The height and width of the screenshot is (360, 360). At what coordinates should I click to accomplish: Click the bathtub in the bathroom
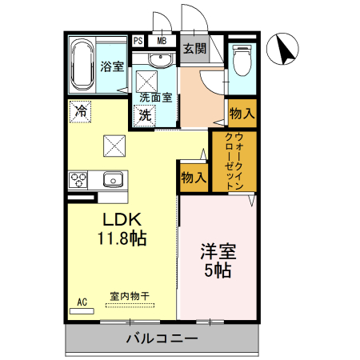(82, 64)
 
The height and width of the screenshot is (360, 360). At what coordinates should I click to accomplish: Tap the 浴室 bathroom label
(112, 66)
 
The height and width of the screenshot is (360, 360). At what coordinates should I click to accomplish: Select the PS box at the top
(139, 41)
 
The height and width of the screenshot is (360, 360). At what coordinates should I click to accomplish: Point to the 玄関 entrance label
(194, 48)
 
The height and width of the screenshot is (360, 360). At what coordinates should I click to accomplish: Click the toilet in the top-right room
(242, 60)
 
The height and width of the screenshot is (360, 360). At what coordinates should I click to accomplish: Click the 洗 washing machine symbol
(145, 114)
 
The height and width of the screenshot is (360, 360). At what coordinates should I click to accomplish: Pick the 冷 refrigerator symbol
(80, 111)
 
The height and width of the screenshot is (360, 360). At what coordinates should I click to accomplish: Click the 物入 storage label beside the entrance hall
(242, 113)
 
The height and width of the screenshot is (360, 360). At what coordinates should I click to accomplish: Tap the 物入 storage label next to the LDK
(193, 177)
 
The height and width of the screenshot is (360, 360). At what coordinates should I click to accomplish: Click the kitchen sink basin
(112, 178)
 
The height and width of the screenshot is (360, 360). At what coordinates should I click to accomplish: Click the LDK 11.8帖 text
(121, 229)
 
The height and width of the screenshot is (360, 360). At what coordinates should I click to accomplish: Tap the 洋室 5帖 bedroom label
(218, 258)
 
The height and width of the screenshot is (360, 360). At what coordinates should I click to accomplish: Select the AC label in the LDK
(82, 302)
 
